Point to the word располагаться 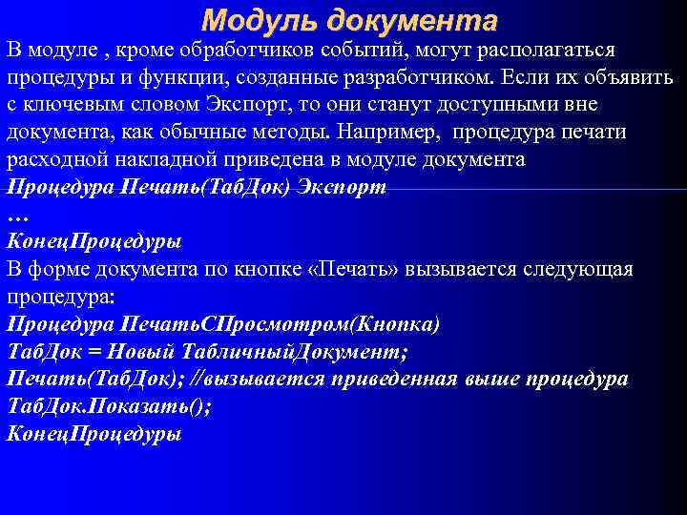551,49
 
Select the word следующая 580,270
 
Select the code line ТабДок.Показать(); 110,407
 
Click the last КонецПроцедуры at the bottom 94,435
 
